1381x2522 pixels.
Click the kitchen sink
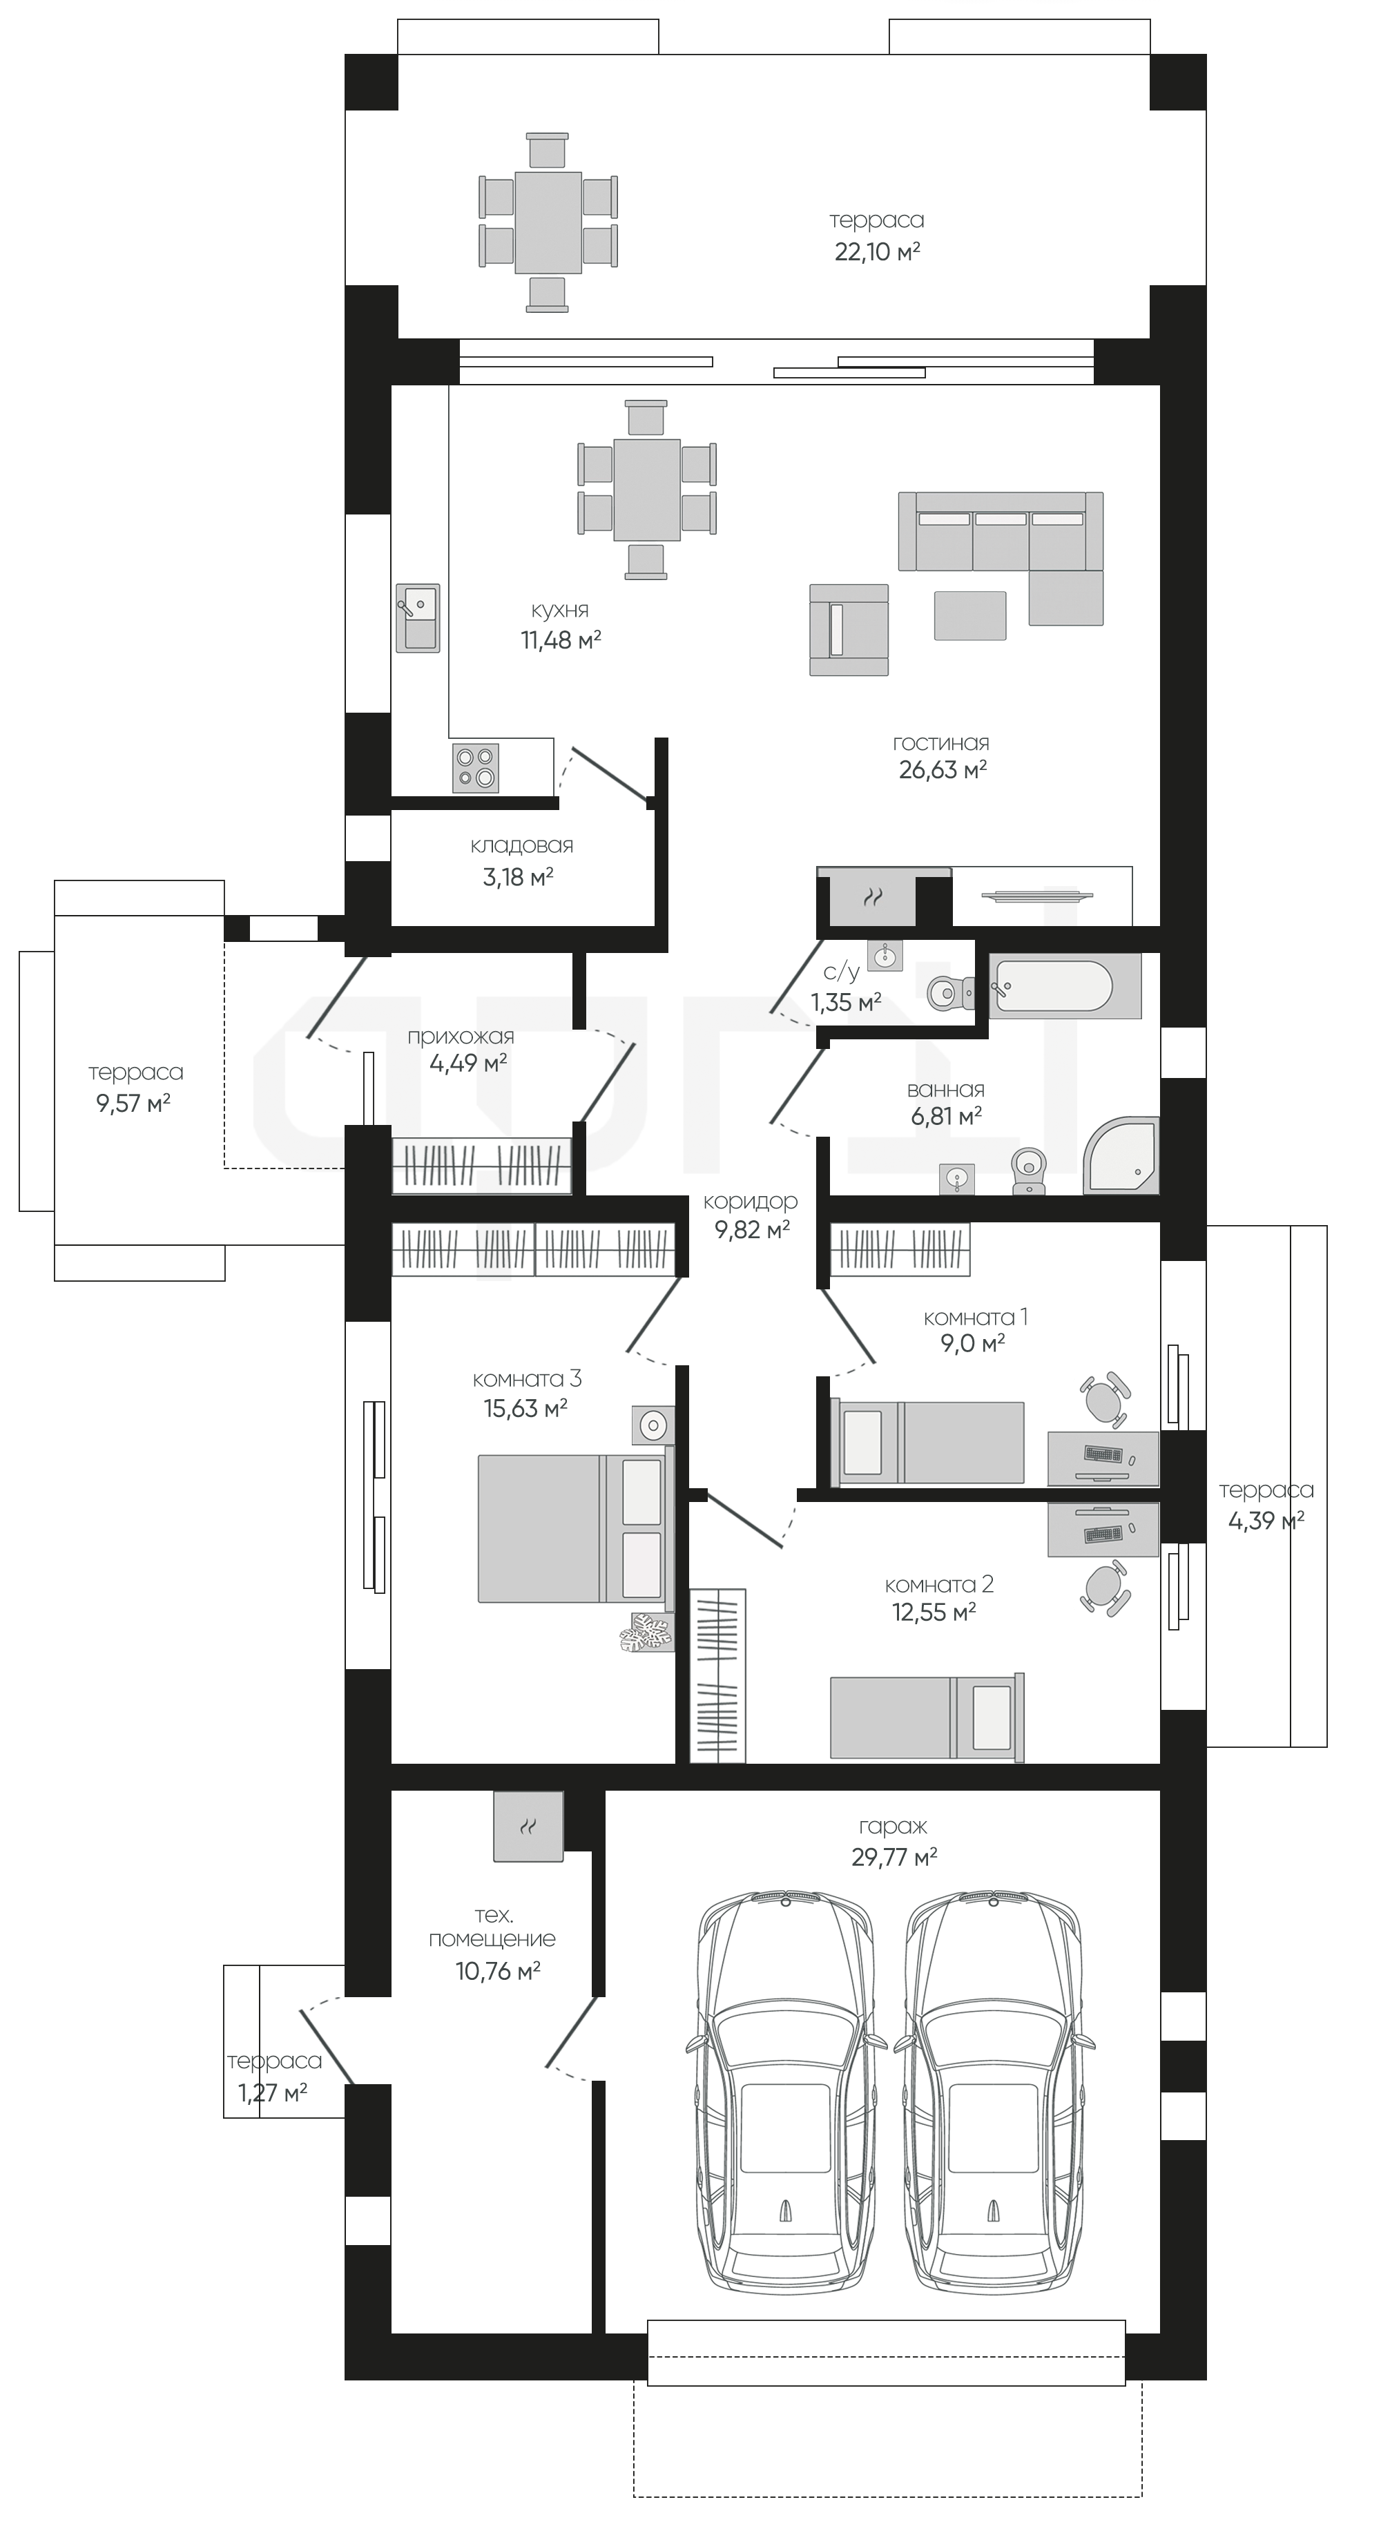(x=418, y=618)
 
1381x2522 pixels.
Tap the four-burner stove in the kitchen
(x=476, y=767)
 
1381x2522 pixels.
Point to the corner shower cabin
(x=1121, y=1155)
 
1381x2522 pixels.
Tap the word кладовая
(x=521, y=845)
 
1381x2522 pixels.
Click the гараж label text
(x=893, y=1826)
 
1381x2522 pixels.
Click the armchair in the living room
(x=849, y=630)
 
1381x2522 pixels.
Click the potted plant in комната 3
(x=647, y=1632)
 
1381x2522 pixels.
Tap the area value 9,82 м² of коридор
(x=753, y=1230)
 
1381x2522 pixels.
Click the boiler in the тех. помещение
(x=528, y=1826)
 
